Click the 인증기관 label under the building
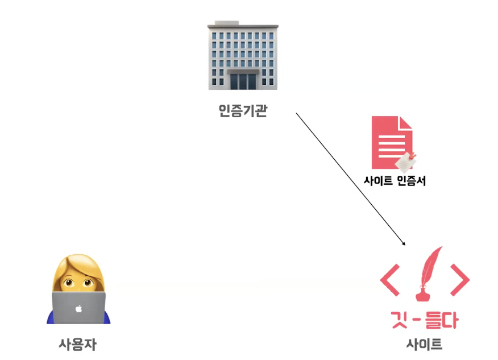point(242,111)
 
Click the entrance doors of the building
point(243,81)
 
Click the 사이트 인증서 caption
point(395,181)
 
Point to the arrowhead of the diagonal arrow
point(404,243)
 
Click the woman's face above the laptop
point(78,279)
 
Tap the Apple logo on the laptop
point(78,309)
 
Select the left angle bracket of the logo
point(390,279)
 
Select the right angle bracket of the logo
point(459,279)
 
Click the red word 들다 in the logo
point(442,320)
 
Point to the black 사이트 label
point(424,344)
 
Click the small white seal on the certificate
point(405,162)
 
